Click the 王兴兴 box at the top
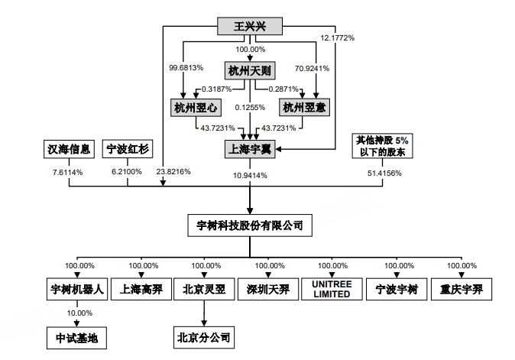pos(250,27)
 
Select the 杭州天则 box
pos(250,70)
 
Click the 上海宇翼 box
pos(250,148)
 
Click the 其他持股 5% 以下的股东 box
pos(384,147)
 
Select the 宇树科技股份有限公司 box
pos(250,225)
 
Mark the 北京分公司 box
pos(202,336)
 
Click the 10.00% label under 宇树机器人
pos(79,313)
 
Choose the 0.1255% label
pos(251,108)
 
